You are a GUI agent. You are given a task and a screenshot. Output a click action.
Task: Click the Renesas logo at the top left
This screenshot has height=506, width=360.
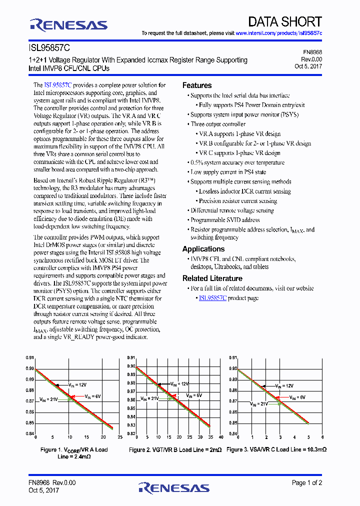click(x=68, y=24)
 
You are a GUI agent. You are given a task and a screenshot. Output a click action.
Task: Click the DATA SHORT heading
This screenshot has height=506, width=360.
click(x=285, y=21)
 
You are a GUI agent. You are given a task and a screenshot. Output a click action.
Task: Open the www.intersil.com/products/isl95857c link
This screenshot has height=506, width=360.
click(x=278, y=33)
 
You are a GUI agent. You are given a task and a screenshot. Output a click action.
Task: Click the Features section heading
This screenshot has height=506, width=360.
click(x=197, y=85)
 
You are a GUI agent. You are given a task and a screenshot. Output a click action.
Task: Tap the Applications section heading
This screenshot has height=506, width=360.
click(x=203, y=249)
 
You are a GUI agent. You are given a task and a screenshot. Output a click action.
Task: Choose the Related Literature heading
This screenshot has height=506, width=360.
click(x=212, y=278)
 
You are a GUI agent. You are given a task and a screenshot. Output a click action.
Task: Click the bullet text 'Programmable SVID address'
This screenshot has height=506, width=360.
click(x=225, y=220)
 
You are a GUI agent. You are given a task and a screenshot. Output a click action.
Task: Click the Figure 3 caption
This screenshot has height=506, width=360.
click(x=276, y=449)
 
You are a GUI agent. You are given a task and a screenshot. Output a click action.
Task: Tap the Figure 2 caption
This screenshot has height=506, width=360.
click(x=175, y=450)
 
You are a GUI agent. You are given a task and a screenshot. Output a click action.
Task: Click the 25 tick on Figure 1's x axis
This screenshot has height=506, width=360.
click(x=120, y=437)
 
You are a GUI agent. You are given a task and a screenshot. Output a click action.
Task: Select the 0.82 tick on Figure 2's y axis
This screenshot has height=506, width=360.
click(x=131, y=433)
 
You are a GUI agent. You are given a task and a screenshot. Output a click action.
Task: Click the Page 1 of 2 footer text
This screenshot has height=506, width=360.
click(x=307, y=482)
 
